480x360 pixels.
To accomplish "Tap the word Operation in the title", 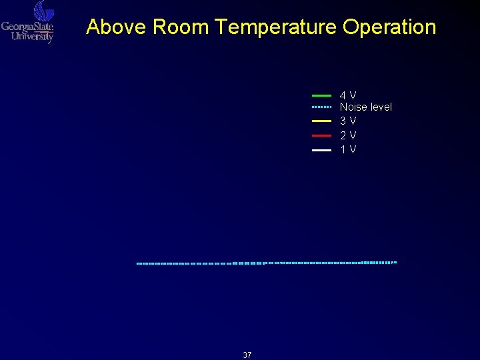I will tap(389, 27).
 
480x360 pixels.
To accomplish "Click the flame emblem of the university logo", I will tap(43, 11).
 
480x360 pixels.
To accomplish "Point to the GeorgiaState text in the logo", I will tap(27, 27).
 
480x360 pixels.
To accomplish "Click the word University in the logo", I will tap(32, 37).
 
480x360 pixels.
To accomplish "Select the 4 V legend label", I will tap(348, 95).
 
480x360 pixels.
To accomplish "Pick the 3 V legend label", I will tap(348, 121).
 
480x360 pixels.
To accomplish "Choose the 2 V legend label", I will tap(348, 135).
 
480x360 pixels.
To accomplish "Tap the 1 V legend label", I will tap(348, 149).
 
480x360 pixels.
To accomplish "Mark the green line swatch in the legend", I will tap(321, 96).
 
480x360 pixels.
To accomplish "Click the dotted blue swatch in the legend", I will tap(321, 107).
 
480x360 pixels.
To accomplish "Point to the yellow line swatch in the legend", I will tap(321, 121).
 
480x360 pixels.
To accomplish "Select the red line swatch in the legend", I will tap(321, 135).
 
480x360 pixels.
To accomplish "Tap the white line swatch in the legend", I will tap(321, 150).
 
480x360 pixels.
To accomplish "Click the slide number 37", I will tap(247, 355).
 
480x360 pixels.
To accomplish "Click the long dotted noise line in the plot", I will tap(267, 263).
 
